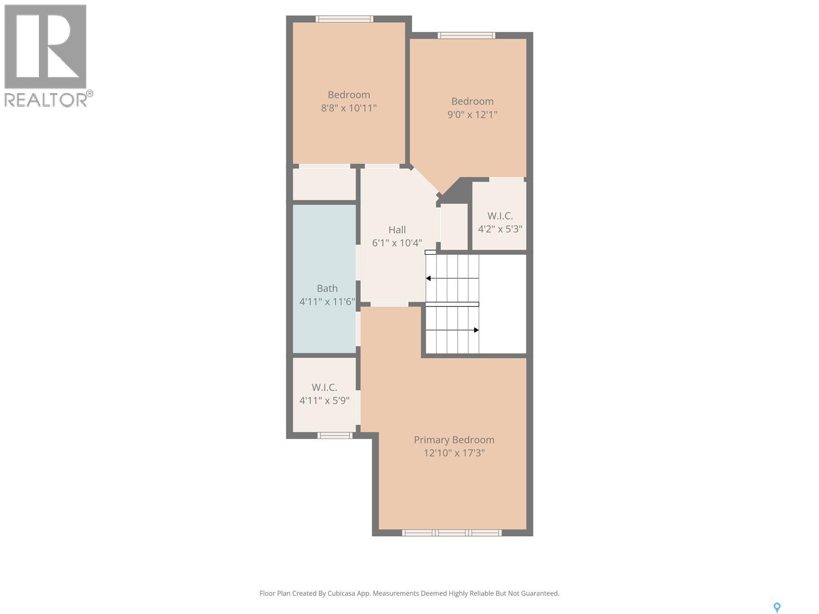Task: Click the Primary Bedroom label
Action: [x=454, y=440]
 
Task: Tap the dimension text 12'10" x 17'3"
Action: [x=454, y=453]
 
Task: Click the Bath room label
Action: [x=327, y=288]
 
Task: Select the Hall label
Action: [x=397, y=230]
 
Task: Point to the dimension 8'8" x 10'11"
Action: [x=349, y=108]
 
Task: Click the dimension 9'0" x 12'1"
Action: [x=472, y=115]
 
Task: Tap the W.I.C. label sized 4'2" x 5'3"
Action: [x=500, y=216]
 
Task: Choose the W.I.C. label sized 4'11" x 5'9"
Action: [x=324, y=387]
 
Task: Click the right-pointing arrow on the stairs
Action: [x=476, y=330]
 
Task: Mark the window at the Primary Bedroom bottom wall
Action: [x=451, y=533]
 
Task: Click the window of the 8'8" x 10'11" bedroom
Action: [x=344, y=19]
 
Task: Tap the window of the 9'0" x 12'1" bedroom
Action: [x=466, y=35]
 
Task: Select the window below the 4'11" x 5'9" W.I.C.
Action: [x=335, y=435]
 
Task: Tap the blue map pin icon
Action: [x=777, y=607]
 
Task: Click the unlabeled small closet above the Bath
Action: [x=324, y=184]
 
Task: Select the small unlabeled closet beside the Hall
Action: [x=454, y=226]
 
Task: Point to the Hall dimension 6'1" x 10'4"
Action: [x=397, y=243]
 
